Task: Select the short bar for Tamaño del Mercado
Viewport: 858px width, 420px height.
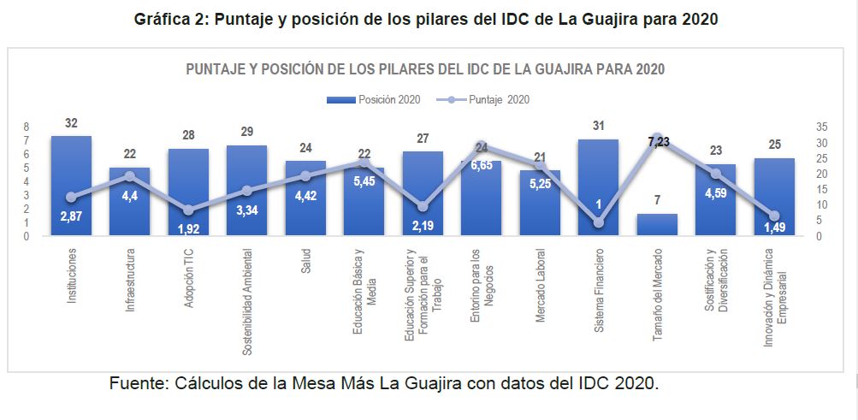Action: click(657, 225)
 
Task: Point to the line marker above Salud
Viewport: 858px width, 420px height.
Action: click(305, 176)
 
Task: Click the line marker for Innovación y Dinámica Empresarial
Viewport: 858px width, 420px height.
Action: click(774, 216)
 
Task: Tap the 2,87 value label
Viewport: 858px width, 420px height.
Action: click(71, 217)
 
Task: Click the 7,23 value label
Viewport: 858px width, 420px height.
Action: click(658, 142)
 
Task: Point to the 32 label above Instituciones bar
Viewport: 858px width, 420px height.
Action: click(71, 123)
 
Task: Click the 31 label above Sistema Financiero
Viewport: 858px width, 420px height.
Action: click(598, 127)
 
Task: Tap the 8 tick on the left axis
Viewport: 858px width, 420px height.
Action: click(27, 127)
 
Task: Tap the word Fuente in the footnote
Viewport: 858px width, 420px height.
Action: click(138, 383)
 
